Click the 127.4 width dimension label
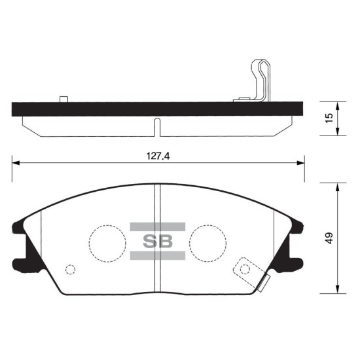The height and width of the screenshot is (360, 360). coord(158,156)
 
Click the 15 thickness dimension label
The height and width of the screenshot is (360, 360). coord(329,118)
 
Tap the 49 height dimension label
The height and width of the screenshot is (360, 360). coord(329,238)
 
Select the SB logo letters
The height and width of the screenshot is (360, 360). coord(158,241)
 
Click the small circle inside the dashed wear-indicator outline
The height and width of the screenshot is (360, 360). coord(245,269)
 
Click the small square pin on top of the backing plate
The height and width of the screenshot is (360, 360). coord(63,99)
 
